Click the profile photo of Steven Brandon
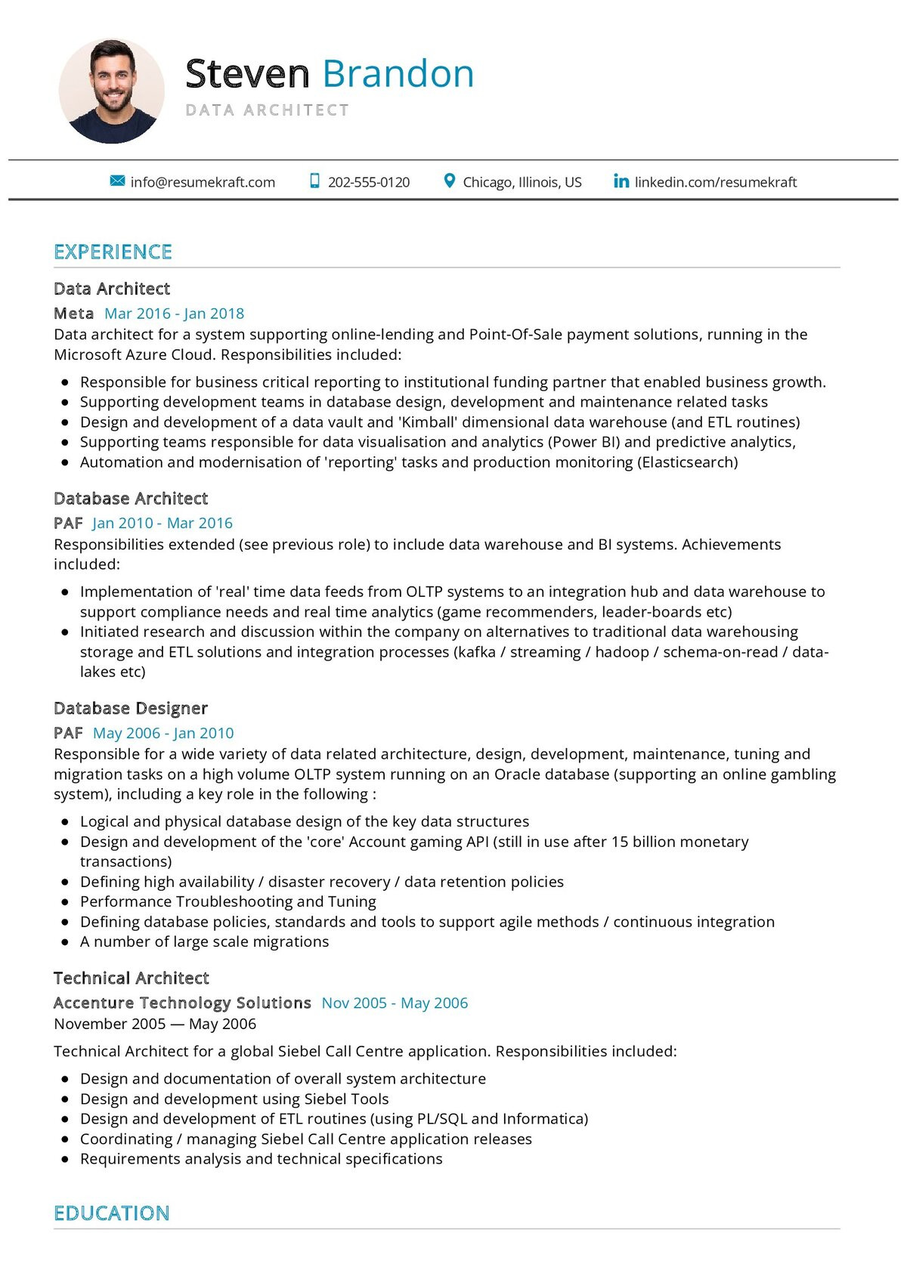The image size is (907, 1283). (112, 91)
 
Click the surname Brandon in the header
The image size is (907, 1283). (398, 74)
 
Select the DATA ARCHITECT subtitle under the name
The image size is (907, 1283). (268, 110)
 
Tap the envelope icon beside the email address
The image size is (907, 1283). (117, 181)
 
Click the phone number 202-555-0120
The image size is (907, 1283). (369, 182)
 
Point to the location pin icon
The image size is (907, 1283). (450, 181)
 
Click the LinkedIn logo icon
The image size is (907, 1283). (621, 181)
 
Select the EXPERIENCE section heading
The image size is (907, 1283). (113, 252)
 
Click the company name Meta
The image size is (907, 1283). (74, 314)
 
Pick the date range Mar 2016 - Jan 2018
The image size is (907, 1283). (175, 314)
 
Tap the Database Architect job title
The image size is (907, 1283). (131, 499)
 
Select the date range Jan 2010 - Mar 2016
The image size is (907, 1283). (163, 523)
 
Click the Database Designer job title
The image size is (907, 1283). (131, 709)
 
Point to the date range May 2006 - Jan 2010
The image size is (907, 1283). (163, 733)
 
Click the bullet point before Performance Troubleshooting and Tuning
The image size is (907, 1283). (66, 902)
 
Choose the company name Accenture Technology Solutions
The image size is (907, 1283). (182, 1003)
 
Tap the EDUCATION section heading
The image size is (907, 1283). (112, 1213)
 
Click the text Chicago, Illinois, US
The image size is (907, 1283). (522, 182)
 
